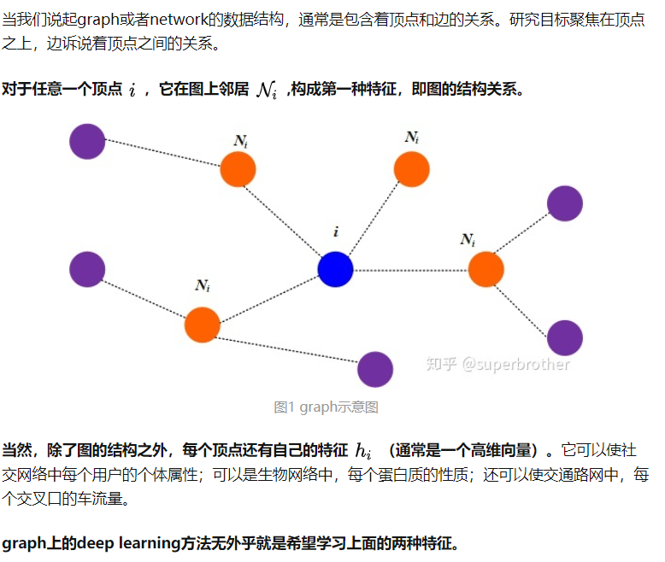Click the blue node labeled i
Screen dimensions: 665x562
tap(335, 269)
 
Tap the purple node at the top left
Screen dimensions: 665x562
tap(87, 142)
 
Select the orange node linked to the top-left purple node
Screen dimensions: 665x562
tap(238, 169)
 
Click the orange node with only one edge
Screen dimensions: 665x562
tap(411, 169)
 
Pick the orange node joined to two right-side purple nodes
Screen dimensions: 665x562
tap(486, 269)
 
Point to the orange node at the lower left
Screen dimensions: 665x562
tap(203, 325)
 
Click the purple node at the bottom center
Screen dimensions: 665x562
tap(375, 369)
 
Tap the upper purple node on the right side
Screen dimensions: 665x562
tap(565, 203)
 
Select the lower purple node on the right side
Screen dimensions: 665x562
tap(565, 337)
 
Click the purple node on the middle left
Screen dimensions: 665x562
tap(87, 269)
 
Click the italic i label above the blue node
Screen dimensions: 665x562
tap(336, 231)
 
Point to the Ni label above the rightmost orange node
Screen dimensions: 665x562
tap(468, 239)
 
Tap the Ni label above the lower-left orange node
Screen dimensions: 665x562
tap(203, 285)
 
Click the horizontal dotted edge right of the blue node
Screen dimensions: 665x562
tap(410, 270)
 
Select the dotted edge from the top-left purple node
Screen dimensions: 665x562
tap(162, 153)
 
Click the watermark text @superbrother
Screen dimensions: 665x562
tap(515, 364)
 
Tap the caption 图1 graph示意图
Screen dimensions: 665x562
tap(327, 407)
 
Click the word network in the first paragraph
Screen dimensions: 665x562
tap(179, 20)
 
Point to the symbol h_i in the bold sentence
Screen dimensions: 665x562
tap(363, 450)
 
